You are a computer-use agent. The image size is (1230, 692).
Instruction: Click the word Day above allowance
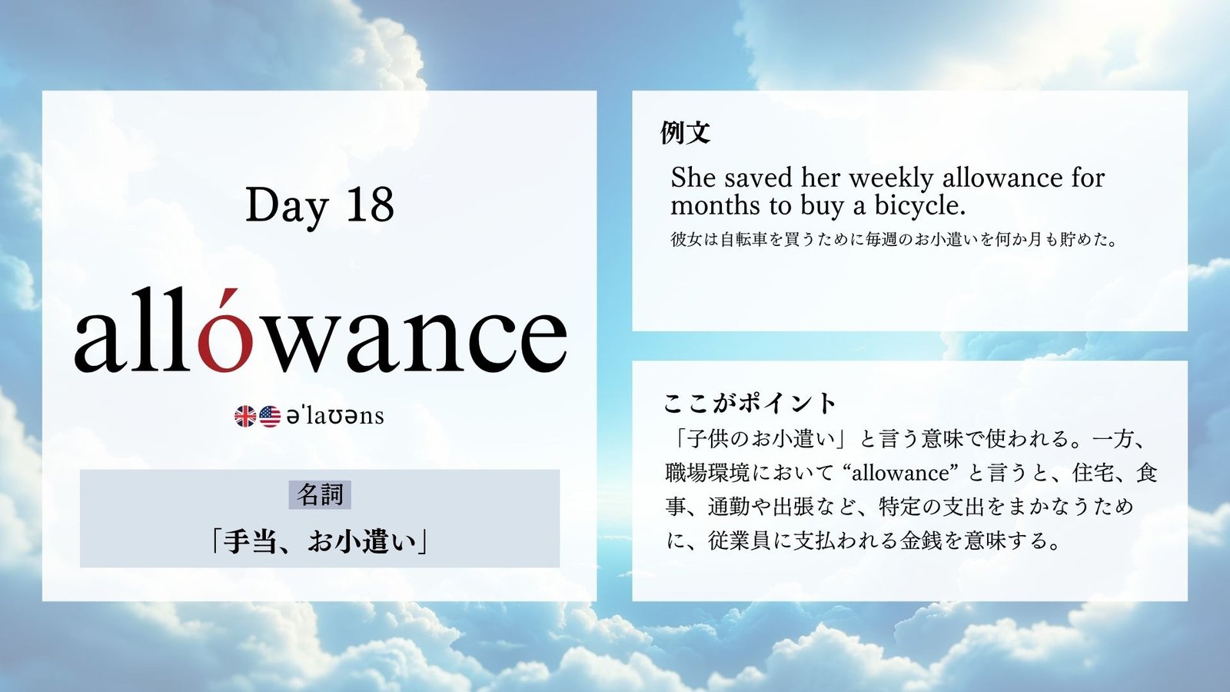click(x=287, y=207)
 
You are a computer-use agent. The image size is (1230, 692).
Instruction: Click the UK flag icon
click(x=245, y=416)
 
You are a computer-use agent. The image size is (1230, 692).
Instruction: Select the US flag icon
click(x=270, y=416)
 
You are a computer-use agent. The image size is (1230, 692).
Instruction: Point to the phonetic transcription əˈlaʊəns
click(x=335, y=416)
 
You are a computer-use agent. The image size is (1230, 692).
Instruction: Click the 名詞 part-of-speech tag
click(x=320, y=495)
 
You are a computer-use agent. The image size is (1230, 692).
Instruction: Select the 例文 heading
click(x=685, y=132)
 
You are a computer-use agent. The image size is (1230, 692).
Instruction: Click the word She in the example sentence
click(x=693, y=178)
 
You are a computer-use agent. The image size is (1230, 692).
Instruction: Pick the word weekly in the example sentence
click(x=891, y=178)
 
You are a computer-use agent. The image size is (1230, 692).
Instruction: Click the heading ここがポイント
click(x=749, y=404)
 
